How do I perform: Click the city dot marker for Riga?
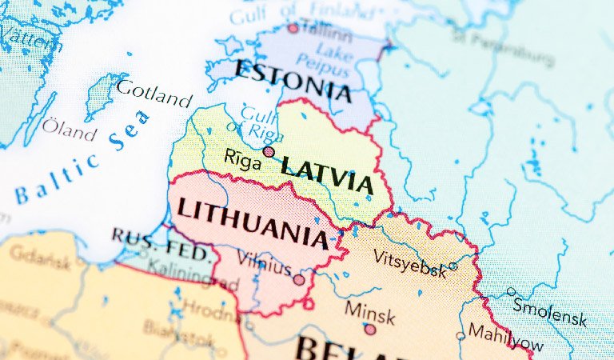(269, 151)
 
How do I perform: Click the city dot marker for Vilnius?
(299, 280)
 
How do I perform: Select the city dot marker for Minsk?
(369, 329)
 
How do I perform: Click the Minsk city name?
(369, 312)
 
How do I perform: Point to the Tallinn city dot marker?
(293, 28)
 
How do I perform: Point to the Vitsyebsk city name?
(409, 263)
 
